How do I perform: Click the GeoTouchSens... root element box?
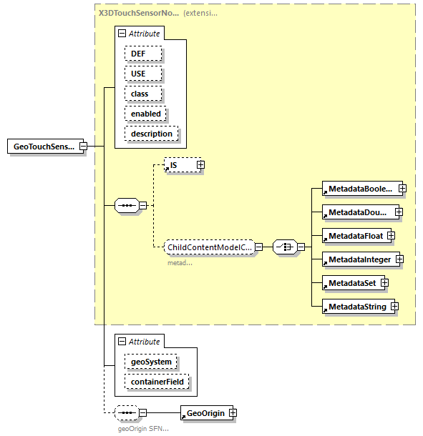[x=43, y=147]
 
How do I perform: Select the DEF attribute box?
[x=142, y=54]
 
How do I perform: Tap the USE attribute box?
[x=142, y=74]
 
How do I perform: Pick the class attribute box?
[x=142, y=94]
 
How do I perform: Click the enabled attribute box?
[x=145, y=114]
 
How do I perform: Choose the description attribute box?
[x=151, y=134]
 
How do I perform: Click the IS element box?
[x=180, y=165]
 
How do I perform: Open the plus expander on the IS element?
[x=200, y=165]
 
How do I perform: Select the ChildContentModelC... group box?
[x=209, y=247]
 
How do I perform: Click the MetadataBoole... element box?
[x=360, y=189]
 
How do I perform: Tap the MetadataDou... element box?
[x=359, y=212]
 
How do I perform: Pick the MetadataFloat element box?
[x=354, y=236]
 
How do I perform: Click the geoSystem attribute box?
[x=150, y=362]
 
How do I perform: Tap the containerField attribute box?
[x=156, y=382]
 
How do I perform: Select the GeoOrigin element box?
[x=204, y=413]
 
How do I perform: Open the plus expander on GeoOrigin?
[x=232, y=413]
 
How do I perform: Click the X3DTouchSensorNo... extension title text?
[x=139, y=33]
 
